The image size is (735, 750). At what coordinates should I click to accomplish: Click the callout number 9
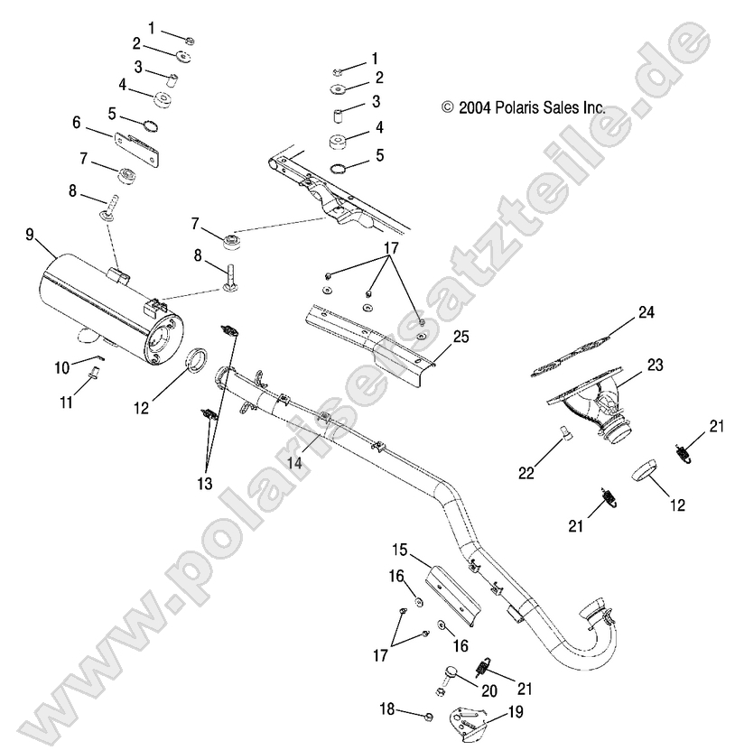point(29,235)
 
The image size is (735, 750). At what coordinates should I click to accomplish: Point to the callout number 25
point(461,338)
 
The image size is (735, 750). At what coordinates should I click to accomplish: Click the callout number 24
point(646,313)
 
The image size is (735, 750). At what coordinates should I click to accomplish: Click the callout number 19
point(516,711)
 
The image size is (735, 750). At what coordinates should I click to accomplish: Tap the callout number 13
point(204,484)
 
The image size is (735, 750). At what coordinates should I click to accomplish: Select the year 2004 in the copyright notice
point(474,106)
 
